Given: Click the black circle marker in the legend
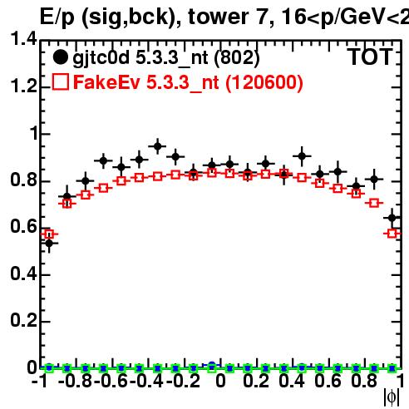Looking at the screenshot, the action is coord(60,57).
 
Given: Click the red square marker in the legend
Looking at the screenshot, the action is coord(60,81).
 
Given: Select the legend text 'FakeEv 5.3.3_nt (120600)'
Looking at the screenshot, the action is coord(188,82).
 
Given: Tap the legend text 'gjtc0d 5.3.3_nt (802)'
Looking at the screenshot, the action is coord(166,58).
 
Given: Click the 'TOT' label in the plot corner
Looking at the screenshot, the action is coord(371,57).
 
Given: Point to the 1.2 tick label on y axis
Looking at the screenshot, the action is coord(23,86).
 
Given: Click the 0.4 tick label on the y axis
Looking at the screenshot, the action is coord(23,273).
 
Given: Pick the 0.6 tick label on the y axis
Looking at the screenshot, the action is coord(23,227).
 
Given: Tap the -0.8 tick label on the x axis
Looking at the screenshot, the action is coord(76,381).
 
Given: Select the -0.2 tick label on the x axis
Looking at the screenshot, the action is coord(184,381).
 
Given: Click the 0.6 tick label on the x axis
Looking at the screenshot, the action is coord(328,381).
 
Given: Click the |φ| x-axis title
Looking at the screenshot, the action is coord(392,397).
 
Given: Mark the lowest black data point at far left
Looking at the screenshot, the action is coord(49,244).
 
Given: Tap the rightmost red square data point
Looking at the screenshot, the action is coord(392,234).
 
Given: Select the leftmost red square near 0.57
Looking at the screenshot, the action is coord(49,234).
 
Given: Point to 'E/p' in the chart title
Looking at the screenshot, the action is coord(57,17).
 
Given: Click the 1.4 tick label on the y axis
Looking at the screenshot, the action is coord(23,39).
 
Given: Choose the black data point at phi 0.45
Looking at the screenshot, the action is coord(302,156).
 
